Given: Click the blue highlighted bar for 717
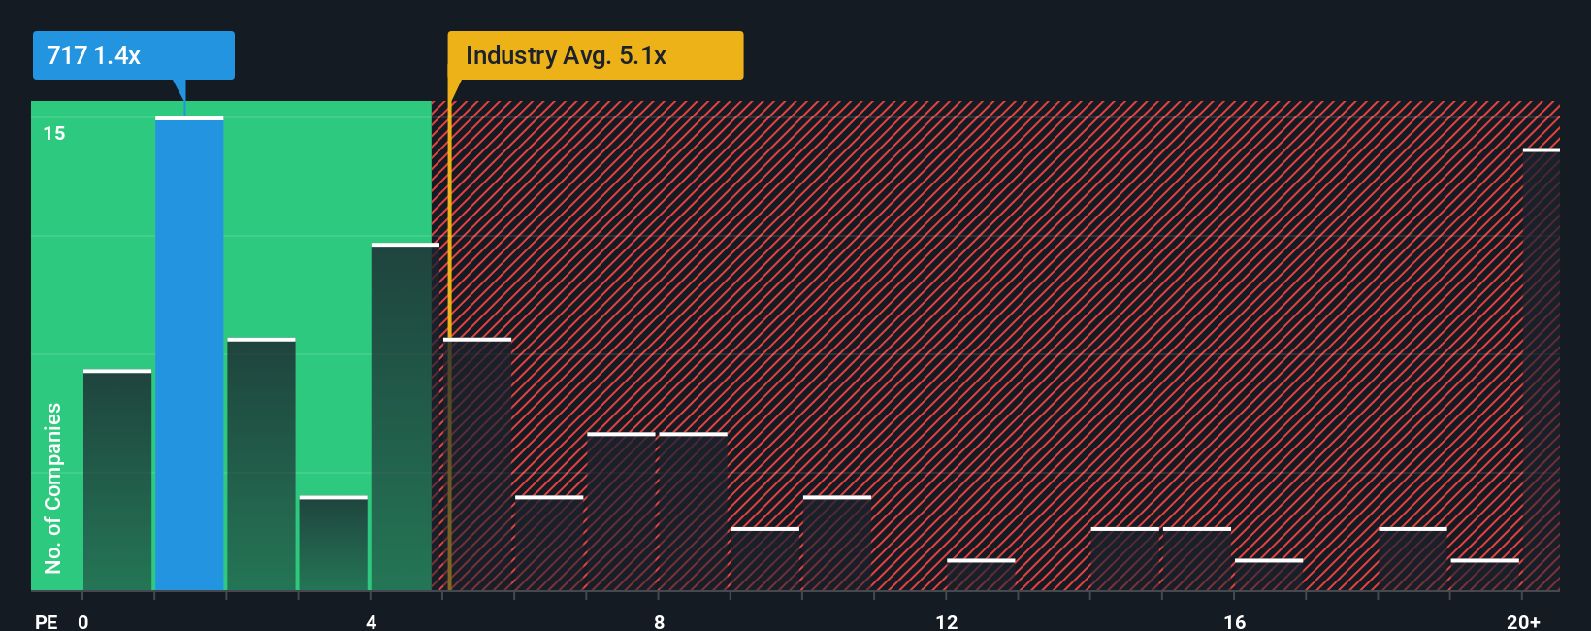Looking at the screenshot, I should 189,354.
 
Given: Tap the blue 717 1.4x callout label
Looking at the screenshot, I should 133,55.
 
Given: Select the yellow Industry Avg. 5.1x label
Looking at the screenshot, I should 595,55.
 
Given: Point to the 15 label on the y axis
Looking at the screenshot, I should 54,133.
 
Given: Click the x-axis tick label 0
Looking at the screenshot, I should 83,621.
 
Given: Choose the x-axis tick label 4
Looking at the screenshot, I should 371,621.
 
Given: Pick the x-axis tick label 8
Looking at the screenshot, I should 659,621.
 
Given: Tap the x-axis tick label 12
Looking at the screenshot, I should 947,621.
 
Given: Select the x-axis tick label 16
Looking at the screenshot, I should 1234,621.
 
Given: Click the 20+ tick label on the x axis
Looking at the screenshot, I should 1523,621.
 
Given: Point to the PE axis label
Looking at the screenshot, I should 46,621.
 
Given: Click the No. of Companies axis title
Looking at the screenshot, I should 53,487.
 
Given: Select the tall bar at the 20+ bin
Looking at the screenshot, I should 1541,369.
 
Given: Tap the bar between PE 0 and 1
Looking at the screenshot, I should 117,481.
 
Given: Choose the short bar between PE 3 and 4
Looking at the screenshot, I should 333,544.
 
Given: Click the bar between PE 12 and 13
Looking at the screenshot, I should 981,575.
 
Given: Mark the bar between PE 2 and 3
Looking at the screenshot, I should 261,464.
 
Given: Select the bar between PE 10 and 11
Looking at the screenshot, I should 837,544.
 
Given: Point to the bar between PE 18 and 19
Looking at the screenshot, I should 1412,559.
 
